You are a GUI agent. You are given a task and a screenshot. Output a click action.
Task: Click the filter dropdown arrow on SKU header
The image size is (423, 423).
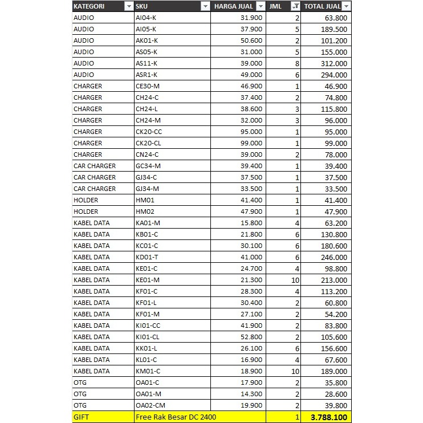coord(205,6)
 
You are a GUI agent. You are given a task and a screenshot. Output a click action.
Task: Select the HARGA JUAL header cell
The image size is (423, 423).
coord(234,6)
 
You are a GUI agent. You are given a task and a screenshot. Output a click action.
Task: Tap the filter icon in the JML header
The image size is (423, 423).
coord(295,6)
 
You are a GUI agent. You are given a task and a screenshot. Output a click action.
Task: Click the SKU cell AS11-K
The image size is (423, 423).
coord(147,63)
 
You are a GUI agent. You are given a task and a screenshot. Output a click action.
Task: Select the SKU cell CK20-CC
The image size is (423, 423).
coord(149,132)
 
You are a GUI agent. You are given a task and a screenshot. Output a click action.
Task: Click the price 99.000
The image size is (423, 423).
coord(251,143)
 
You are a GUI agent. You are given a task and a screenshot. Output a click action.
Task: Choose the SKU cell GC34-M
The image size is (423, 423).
coord(148,166)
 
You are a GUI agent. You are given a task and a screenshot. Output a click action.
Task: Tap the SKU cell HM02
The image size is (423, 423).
coord(145,211)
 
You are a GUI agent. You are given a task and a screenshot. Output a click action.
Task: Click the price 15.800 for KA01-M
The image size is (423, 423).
coord(251,223)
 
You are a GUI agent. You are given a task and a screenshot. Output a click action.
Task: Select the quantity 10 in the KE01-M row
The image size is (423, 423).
coord(295,280)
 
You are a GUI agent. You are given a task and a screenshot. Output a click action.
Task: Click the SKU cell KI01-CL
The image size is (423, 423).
coord(148,337)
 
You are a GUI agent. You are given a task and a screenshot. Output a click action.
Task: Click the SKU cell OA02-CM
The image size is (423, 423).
coord(149,405)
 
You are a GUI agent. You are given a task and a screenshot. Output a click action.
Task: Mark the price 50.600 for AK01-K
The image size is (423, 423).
coord(251,40)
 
